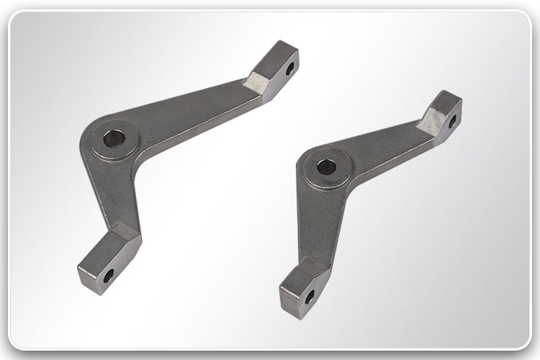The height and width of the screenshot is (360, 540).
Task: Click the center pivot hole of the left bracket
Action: (112, 138)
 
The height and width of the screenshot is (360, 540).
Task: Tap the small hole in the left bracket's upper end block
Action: (290, 68)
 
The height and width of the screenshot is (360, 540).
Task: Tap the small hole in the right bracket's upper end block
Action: (452, 122)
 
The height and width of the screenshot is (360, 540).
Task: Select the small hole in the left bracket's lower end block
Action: (108, 274)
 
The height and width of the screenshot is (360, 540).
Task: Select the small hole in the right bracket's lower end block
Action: (309, 295)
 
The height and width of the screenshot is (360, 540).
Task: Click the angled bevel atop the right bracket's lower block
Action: (317, 264)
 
